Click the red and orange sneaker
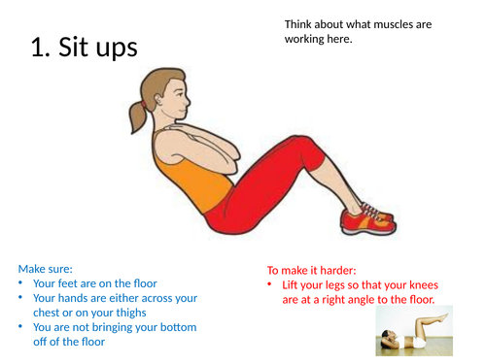coord(365,219)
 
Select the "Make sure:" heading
coord(45,269)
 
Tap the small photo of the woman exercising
coord(417,332)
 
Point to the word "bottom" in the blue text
coord(177,327)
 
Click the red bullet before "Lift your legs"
coord(272,285)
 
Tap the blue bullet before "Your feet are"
coord(22,283)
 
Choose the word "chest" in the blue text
coord(50,313)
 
